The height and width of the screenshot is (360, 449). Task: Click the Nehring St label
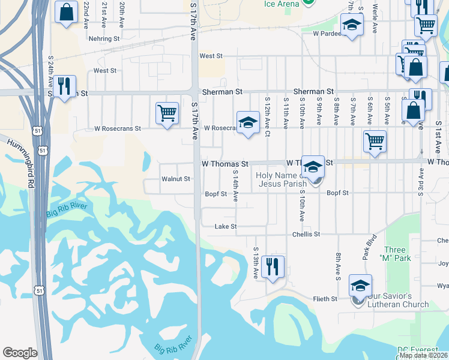[x=104, y=38]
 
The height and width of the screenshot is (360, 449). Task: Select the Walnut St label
[x=176, y=179]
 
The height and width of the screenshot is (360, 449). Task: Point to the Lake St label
[x=226, y=227]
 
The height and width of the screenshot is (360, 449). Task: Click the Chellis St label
[x=306, y=234]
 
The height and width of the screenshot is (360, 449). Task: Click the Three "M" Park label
[x=394, y=254]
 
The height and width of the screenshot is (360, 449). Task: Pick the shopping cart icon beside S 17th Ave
[x=167, y=113]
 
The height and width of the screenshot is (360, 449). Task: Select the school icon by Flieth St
[x=360, y=285]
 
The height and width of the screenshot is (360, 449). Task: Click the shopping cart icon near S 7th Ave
[x=375, y=142]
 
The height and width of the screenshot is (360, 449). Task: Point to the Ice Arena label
[x=282, y=4]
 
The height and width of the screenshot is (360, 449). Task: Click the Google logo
[x=20, y=353]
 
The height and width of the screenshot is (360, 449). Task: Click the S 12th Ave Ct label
[x=267, y=112]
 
